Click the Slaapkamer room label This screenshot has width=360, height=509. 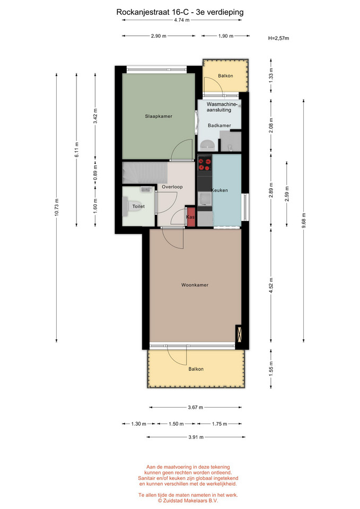click(x=159, y=116)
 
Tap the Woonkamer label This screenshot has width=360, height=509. click(x=195, y=285)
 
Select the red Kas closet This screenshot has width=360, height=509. click(x=191, y=216)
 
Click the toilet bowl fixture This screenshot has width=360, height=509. click(x=132, y=206)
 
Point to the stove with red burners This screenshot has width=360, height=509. click(x=205, y=164)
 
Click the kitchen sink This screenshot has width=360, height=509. click(x=205, y=198)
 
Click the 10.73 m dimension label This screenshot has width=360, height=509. click(x=57, y=207)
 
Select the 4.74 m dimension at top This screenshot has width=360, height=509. click(x=182, y=20)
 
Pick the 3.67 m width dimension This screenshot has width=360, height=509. click(x=196, y=407)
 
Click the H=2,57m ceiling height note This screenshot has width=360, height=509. click(x=278, y=38)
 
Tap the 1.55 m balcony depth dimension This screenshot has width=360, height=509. click(x=271, y=369)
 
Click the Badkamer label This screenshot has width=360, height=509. click(x=219, y=125)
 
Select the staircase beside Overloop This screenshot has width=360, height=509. click(x=145, y=172)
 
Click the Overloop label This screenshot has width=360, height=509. click(x=172, y=187)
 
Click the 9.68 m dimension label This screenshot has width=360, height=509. click(x=304, y=221)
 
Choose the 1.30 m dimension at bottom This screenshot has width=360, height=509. click(x=138, y=424)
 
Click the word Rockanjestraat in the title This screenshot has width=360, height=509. click(x=143, y=12)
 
